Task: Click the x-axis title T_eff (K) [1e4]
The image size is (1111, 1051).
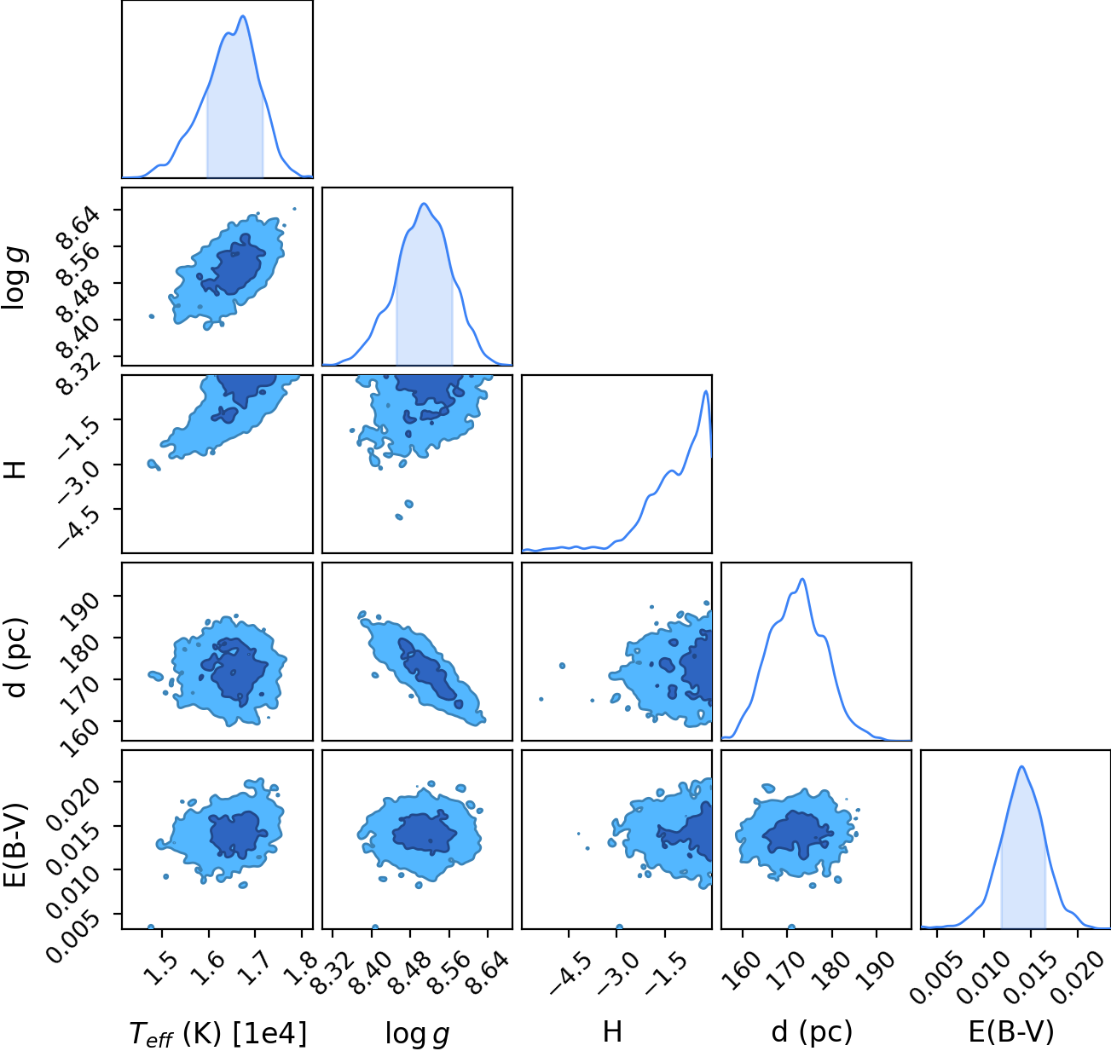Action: click(217, 1033)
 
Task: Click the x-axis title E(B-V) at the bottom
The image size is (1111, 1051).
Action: click(1011, 1031)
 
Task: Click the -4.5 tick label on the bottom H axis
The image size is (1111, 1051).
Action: click(570, 970)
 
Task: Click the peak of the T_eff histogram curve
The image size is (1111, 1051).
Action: click(243, 16)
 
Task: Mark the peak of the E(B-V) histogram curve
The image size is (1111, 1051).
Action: click(1021, 766)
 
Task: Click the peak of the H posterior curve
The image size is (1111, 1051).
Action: click(705, 391)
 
